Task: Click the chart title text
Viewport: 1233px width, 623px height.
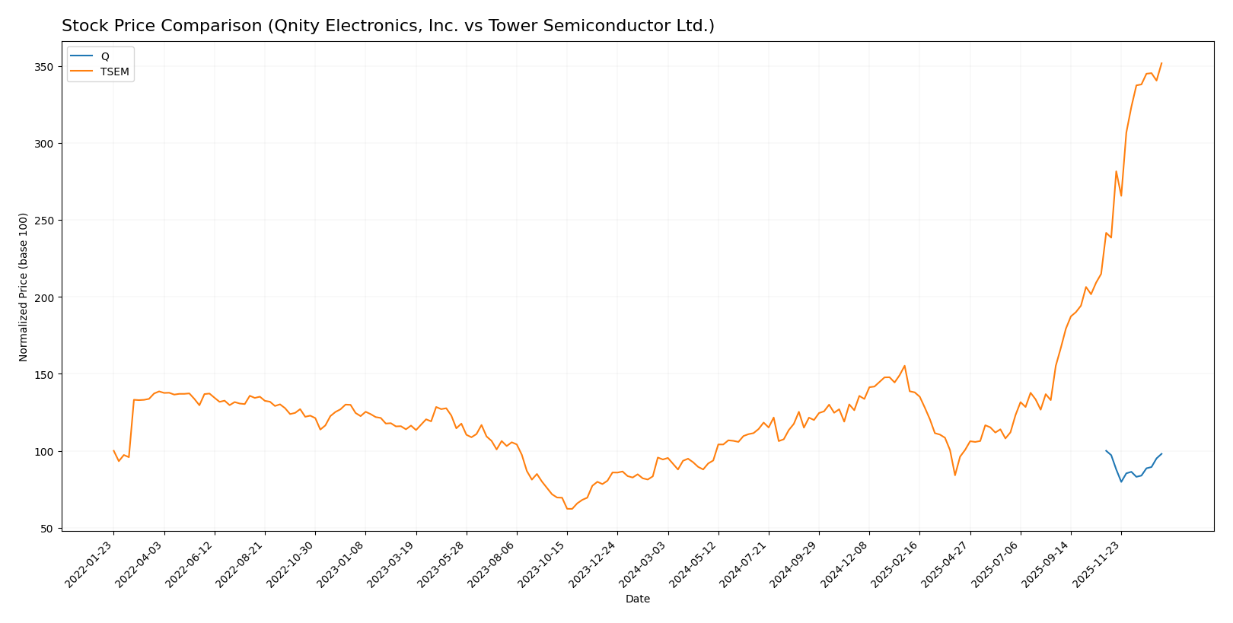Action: pos(387,27)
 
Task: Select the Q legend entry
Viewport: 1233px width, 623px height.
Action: pos(105,56)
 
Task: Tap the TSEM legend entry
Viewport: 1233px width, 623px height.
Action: pos(115,72)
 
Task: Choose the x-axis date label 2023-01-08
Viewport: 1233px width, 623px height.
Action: pos(342,564)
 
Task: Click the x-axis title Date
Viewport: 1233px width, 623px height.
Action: pos(638,599)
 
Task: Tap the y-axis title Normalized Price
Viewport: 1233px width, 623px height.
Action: pos(24,287)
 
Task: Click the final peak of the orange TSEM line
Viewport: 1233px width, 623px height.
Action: pos(1161,63)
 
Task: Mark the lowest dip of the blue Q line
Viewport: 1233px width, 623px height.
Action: pos(1121,482)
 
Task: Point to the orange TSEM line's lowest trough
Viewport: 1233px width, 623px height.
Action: pos(569,509)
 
